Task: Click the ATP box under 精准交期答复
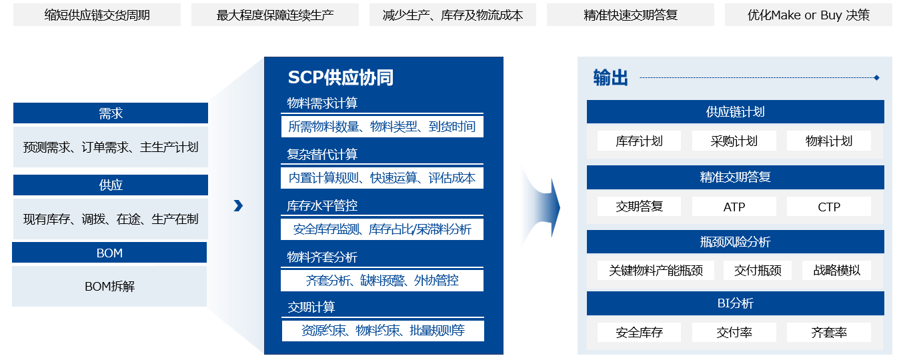(734, 207)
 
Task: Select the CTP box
(828, 207)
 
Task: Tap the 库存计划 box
(639, 141)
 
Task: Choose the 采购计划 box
(734, 141)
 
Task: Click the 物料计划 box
(828, 141)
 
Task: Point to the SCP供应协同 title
(340, 78)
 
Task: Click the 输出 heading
(610, 78)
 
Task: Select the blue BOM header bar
(109, 253)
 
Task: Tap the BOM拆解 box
(109, 287)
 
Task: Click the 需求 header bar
(111, 113)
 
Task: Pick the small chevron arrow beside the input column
(238, 206)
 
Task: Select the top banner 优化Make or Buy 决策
(808, 15)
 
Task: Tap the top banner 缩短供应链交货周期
(97, 15)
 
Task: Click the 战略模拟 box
(836, 270)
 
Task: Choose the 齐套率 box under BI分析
(828, 332)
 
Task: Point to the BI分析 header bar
(735, 304)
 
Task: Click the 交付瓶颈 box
(758, 270)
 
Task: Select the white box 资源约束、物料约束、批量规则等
(382, 331)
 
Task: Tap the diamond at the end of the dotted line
(876, 78)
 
